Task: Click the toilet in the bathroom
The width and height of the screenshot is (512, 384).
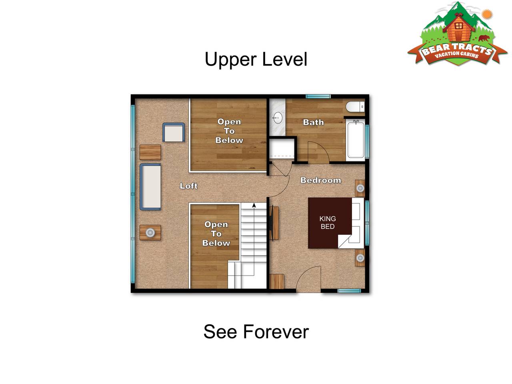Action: point(355,107)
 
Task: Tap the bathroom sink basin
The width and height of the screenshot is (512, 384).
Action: point(277,118)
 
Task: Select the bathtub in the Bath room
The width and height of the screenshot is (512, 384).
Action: point(355,140)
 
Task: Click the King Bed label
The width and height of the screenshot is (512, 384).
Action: point(328,222)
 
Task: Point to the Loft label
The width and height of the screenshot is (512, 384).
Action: point(188,186)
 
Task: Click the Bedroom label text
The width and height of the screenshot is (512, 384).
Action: point(320,180)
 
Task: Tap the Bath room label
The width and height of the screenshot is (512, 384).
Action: point(313,122)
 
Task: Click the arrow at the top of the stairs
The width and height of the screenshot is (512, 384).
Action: point(254,206)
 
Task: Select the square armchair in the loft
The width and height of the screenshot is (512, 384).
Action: point(174,132)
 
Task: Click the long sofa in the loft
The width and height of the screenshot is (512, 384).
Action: point(150,187)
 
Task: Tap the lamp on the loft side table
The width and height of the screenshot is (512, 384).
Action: point(150,232)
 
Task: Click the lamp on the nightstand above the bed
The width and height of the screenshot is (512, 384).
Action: point(360,188)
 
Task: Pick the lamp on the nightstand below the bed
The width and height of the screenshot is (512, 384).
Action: point(360,258)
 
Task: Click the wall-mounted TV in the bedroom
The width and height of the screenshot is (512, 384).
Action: point(272,223)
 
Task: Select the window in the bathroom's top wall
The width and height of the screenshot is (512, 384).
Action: point(318,96)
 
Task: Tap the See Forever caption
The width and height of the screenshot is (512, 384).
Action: point(256,332)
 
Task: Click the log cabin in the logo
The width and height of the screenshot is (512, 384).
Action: point(458,30)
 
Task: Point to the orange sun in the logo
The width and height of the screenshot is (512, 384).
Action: point(487,14)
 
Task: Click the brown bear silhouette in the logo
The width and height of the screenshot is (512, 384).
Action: point(484,38)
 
